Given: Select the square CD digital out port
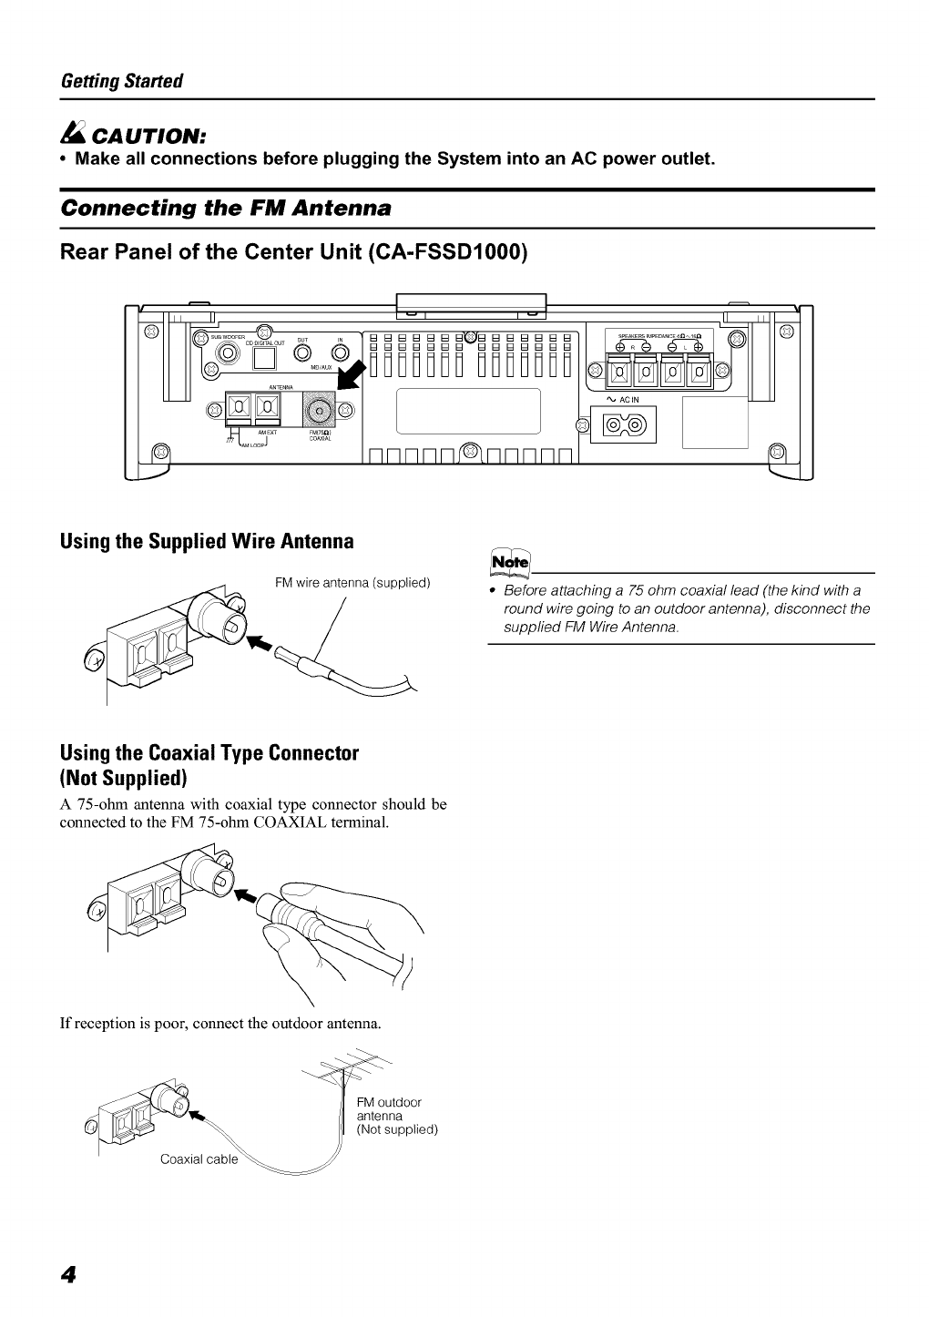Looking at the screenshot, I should pyautogui.click(x=263, y=357).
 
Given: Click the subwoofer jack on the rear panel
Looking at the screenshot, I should pyautogui.click(x=264, y=331).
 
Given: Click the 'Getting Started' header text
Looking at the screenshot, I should pyautogui.click(x=121, y=81).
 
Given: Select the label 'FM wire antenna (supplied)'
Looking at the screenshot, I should pyautogui.click(x=352, y=583).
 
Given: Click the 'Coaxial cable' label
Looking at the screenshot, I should pyautogui.click(x=199, y=1159).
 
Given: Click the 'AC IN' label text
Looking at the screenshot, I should pyautogui.click(x=629, y=400).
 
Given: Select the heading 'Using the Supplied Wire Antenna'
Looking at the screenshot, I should pyautogui.click(x=206, y=542).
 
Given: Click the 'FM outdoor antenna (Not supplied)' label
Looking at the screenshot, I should pyautogui.click(x=396, y=1116).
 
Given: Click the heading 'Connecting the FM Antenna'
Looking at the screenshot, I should pyautogui.click(x=225, y=208).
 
